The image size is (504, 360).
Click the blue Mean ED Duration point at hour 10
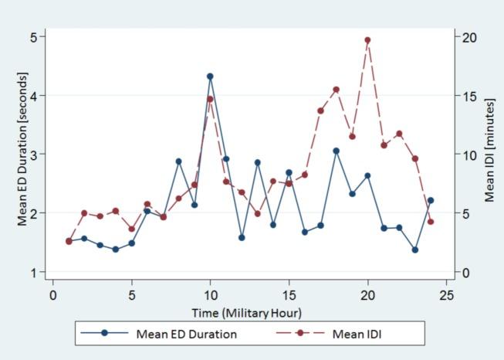coord(210,76)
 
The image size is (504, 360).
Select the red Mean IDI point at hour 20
coord(367,40)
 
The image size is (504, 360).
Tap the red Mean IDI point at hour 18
coord(336,90)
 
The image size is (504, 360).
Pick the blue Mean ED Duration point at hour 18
coord(336,151)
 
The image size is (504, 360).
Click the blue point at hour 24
coord(431,200)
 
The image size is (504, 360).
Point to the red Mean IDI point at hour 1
coord(69,241)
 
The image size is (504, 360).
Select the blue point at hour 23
coord(415,250)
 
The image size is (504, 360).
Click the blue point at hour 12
coord(242,238)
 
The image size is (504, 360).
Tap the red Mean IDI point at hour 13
coord(257,214)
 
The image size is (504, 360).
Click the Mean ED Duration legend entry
coord(186,335)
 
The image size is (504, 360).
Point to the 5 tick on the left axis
coord(34,37)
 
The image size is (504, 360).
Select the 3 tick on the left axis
coord(34,155)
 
